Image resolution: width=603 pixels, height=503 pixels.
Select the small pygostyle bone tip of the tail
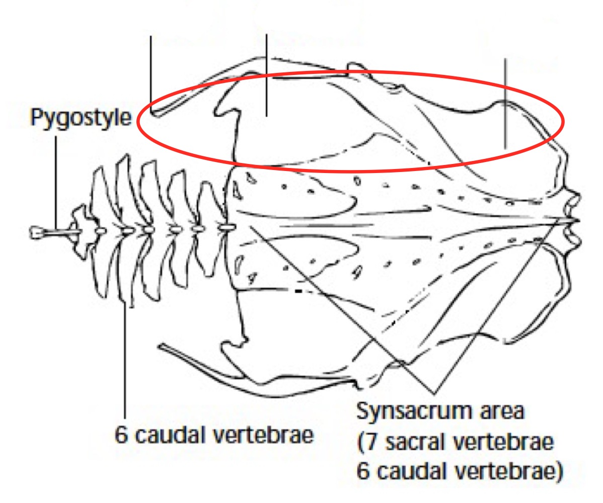pyautogui.click(x=37, y=232)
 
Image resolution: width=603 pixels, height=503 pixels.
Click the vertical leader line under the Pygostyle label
pyautogui.click(x=55, y=176)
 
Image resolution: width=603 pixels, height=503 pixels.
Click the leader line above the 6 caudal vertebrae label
pyautogui.click(x=124, y=352)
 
